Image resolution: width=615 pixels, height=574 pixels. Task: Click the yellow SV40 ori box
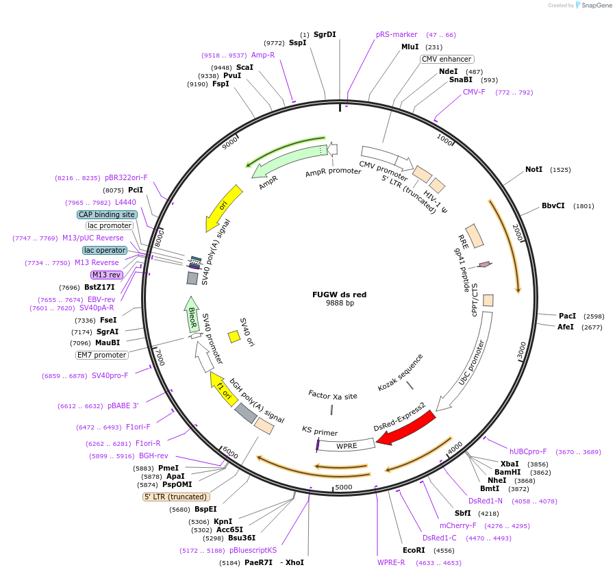pyautogui.click(x=234, y=336)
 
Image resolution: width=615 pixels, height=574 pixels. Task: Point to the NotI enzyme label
pyautogui.click(x=534, y=169)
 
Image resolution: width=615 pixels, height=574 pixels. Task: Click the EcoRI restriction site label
pyautogui.click(x=414, y=550)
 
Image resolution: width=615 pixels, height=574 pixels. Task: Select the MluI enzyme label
pyautogui.click(x=410, y=47)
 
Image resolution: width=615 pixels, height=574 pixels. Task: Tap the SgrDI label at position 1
pyautogui.click(x=325, y=34)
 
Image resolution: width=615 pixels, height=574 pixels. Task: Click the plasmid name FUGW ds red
pyautogui.click(x=339, y=295)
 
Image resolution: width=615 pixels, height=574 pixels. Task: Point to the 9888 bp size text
pyautogui.click(x=340, y=303)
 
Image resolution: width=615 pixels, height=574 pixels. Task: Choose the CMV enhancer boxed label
pyautogui.click(x=447, y=60)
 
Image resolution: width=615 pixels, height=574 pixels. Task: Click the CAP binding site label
pyautogui.click(x=107, y=214)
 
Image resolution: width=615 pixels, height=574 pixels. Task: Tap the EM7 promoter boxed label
pyautogui.click(x=101, y=355)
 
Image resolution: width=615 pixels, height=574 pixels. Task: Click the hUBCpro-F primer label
pyautogui.click(x=527, y=451)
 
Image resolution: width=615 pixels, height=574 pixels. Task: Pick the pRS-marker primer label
pyautogui.click(x=397, y=34)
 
